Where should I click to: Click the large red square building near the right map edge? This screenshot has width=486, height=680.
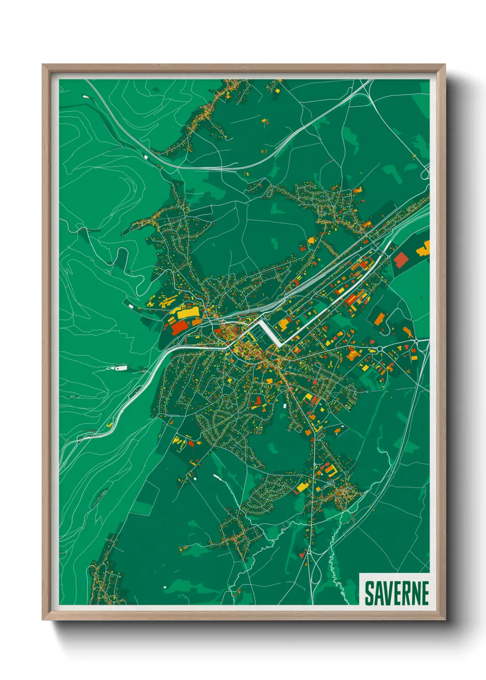(x=401, y=259)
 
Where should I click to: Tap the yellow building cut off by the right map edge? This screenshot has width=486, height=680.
(x=424, y=249)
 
